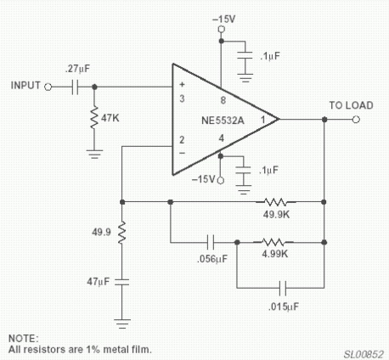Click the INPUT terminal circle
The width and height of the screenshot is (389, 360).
click(x=48, y=87)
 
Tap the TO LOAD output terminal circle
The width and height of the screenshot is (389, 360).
click(x=356, y=120)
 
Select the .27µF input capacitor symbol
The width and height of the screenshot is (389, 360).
click(x=75, y=87)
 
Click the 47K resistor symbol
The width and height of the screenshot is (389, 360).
click(x=94, y=118)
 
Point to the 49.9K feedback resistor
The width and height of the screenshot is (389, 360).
click(x=276, y=202)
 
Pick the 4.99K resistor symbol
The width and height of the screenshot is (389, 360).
click(x=273, y=242)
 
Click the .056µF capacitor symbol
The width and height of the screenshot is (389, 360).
click(x=211, y=242)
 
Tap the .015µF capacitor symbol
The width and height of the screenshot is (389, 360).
click(x=283, y=288)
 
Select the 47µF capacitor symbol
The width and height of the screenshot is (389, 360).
click(x=122, y=282)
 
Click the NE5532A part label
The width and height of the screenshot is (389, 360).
click(x=223, y=121)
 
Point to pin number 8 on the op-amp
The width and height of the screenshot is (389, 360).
click(x=223, y=100)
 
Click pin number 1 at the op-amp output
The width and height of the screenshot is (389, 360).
click(x=263, y=120)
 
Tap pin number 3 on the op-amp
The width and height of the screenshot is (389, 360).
click(x=182, y=98)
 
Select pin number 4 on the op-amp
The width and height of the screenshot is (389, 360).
click(x=222, y=138)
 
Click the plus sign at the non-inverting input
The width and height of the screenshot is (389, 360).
click(x=182, y=84)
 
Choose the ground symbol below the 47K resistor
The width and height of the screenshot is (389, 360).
click(x=94, y=154)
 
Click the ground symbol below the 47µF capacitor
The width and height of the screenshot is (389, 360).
click(x=122, y=323)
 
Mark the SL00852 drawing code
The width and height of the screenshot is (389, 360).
click(x=364, y=354)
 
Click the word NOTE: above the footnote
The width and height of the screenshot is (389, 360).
click(x=23, y=339)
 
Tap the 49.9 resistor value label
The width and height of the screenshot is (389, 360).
click(x=101, y=233)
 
